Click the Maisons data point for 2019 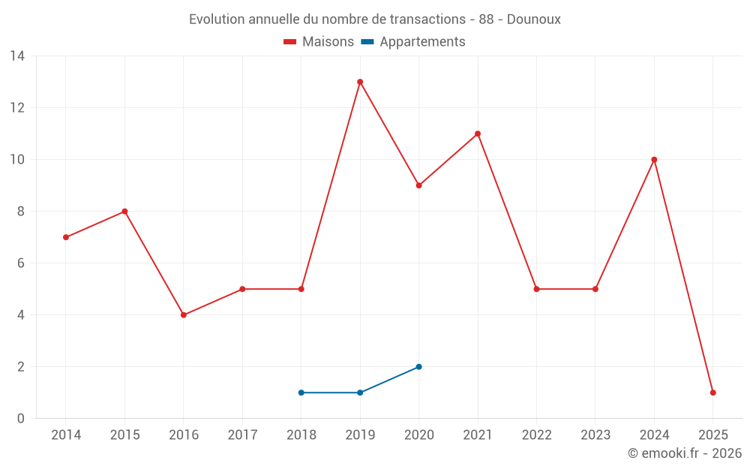pos(360,82)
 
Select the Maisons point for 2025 pos(712,392)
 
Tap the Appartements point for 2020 pos(418,367)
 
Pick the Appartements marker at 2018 pos(301,392)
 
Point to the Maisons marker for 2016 pos(184,315)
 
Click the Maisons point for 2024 pos(654,160)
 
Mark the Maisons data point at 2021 pos(478,134)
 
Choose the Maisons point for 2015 pos(124,212)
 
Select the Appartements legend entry pos(422,42)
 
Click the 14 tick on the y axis pos(16,56)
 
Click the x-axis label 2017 pos(242,435)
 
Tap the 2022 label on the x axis pos(536,435)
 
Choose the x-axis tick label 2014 pos(66,435)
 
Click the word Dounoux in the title pos(533,20)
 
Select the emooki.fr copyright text pos(685,453)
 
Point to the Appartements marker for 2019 pos(360,392)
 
